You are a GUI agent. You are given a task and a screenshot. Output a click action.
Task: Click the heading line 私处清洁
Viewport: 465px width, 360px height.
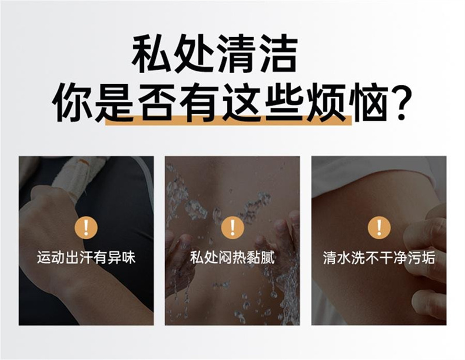tap(214, 54)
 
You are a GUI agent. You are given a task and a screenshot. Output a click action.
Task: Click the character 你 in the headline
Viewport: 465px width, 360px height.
tap(72, 102)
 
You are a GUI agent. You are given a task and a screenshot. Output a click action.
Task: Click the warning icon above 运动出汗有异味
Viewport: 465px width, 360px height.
tap(86, 228)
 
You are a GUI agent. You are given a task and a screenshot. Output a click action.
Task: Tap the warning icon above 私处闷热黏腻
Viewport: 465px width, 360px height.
tap(233, 228)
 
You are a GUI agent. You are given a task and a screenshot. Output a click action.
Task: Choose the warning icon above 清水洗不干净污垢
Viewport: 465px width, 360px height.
tap(379, 228)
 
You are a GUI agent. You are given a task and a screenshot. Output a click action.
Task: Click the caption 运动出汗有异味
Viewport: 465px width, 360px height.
tap(86, 257)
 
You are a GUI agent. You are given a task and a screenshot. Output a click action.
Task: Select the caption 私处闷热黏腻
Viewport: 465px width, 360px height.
tap(233, 257)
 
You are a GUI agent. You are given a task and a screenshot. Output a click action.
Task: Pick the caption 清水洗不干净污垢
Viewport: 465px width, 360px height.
tap(379, 257)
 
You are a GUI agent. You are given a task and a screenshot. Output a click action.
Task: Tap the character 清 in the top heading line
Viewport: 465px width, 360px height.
tap(236, 54)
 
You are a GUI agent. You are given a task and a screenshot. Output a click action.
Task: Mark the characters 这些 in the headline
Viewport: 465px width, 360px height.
tap(263, 102)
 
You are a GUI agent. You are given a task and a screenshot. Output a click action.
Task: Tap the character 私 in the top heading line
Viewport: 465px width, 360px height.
tap(151, 54)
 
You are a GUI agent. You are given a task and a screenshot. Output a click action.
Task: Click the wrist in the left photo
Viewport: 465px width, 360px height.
tap(59, 267)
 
